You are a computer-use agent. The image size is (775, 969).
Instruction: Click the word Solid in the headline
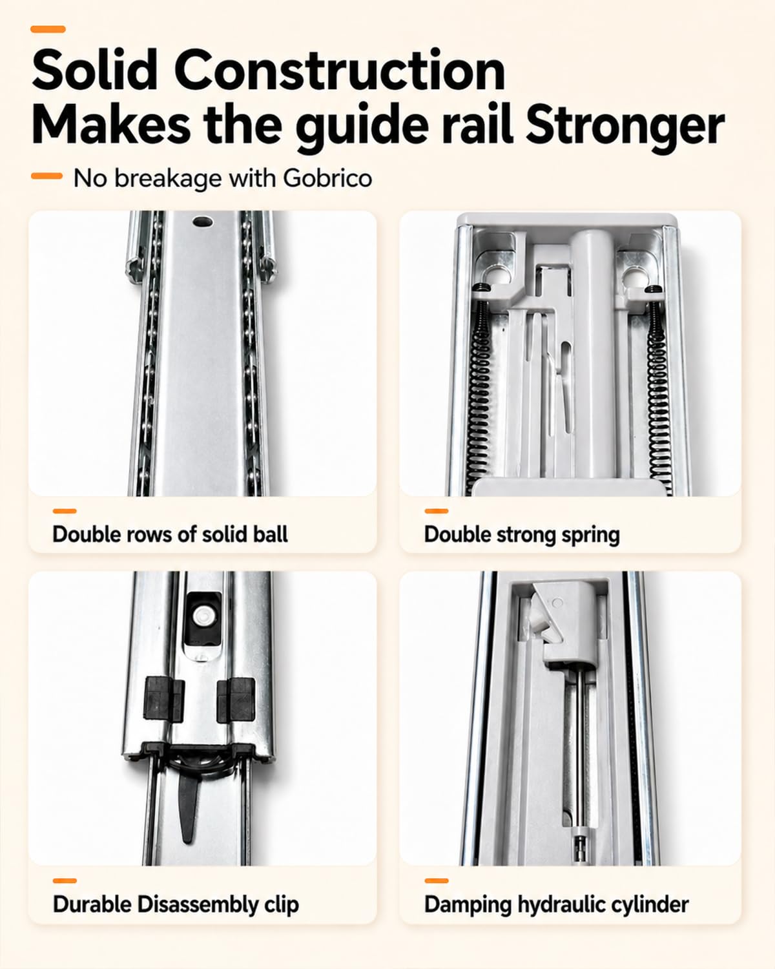pos(94,70)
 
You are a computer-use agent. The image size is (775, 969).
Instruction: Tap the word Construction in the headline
pos(340,70)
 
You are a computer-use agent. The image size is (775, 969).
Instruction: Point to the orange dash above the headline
pos(48,29)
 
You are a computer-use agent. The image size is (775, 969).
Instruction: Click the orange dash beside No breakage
pos(46,176)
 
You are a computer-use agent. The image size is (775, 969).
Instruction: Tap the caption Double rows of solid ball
pos(170,534)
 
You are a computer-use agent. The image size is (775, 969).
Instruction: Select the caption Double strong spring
pos(522,535)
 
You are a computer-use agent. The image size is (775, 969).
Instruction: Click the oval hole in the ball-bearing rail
pos(203,222)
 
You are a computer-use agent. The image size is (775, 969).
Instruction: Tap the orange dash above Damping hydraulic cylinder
pos(437,880)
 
